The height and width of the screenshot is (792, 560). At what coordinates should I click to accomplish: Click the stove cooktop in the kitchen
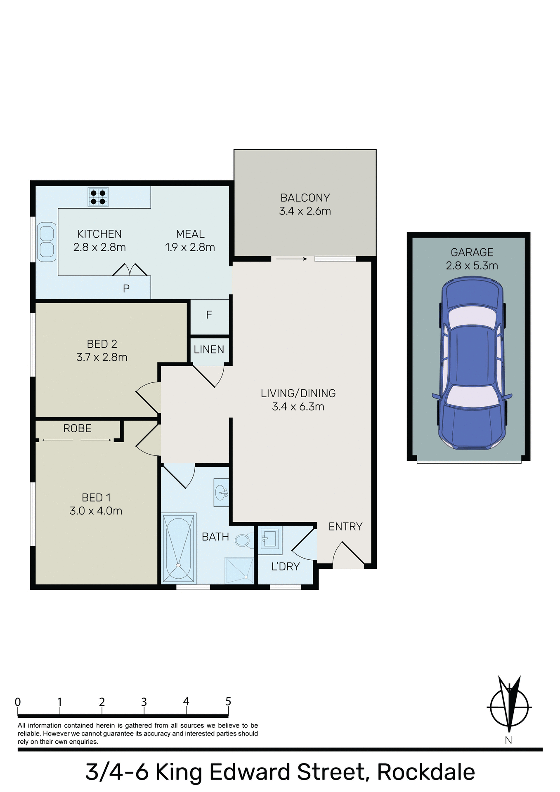[x=98, y=197]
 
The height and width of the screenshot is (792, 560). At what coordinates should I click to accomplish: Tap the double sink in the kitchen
[x=47, y=242]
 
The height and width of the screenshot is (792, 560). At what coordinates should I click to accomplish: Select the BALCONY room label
[x=305, y=198]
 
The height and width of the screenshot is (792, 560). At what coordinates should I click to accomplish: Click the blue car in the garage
[x=472, y=364]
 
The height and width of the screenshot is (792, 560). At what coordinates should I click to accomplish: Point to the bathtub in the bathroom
[x=178, y=548]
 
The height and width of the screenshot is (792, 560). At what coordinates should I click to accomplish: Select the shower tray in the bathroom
[x=239, y=570]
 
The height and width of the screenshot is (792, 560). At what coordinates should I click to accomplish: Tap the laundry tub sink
[x=270, y=538]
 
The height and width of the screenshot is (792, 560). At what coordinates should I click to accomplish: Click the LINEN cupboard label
[x=209, y=350]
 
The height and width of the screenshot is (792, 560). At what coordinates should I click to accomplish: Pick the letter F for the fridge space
[x=209, y=315]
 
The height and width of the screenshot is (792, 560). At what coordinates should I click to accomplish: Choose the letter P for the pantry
[x=126, y=289]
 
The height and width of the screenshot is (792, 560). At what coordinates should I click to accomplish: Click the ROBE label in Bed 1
[x=77, y=429]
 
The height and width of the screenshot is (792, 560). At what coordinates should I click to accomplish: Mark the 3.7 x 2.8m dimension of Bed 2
[x=102, y=357]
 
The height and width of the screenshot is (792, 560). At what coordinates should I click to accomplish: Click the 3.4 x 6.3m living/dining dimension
[x=298, y=407]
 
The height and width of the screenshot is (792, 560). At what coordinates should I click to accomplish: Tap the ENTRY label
[x=345, y=527]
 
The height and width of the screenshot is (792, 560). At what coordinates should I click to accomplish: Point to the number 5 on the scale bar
[x=228, y=701]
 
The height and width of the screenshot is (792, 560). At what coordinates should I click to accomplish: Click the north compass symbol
[x=509, y=707]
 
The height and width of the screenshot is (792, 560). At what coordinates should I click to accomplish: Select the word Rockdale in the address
[x=426, y=772]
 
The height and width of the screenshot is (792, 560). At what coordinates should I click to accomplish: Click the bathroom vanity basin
[x=222, y=492]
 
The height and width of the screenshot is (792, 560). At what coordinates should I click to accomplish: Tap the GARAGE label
[x=472, y=252]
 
